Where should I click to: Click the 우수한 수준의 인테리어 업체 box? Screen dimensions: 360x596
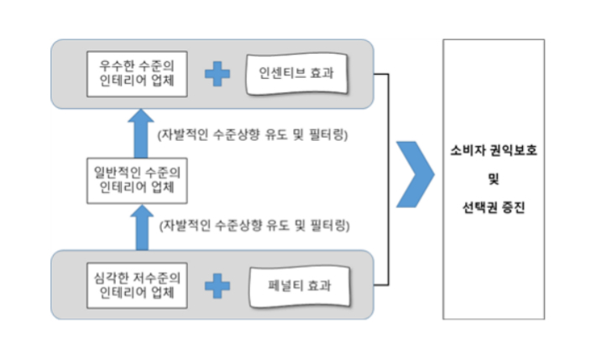point(137,72)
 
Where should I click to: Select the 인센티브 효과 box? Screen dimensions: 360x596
point(297,72)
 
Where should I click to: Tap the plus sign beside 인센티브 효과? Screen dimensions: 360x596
point(217,73)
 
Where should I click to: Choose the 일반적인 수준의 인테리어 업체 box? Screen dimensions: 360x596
point(137,179)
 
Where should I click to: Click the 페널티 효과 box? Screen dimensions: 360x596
point(297,284)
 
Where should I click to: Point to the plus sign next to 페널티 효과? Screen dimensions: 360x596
point(217,284)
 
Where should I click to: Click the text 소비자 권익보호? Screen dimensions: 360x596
point(493,154)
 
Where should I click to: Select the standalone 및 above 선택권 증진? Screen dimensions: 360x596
point(493,179)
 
